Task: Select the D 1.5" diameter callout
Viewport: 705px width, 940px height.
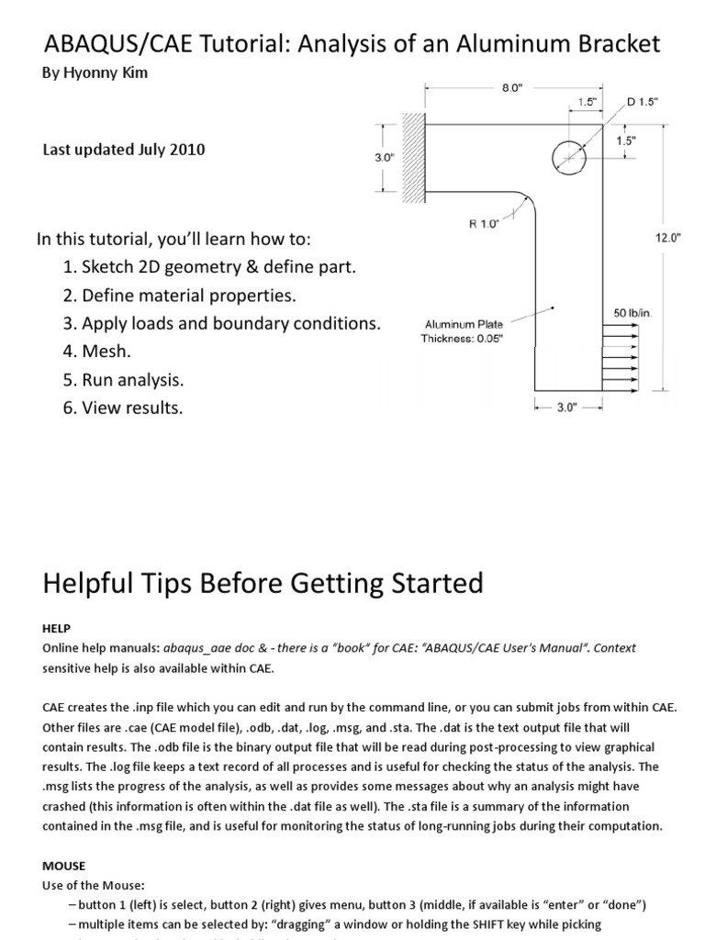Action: coord(642,102)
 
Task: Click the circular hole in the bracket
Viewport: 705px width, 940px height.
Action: coord(569,158)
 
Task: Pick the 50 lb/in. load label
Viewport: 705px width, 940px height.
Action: coord(632,314)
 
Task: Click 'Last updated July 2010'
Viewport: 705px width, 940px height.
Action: coord(124,150)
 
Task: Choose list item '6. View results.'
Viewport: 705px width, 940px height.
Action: coord(123,408)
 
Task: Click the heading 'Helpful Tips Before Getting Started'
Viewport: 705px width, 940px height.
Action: coord(263,582)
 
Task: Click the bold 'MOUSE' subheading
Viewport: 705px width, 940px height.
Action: coord(63,865)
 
